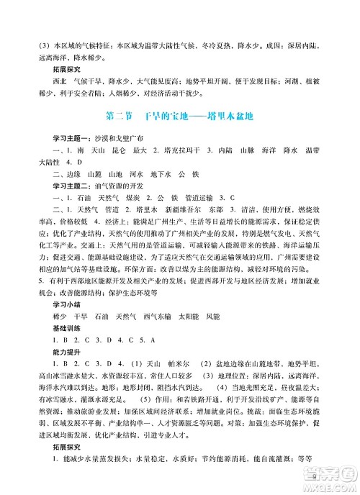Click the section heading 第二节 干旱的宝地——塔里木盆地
tap(180, 116)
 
